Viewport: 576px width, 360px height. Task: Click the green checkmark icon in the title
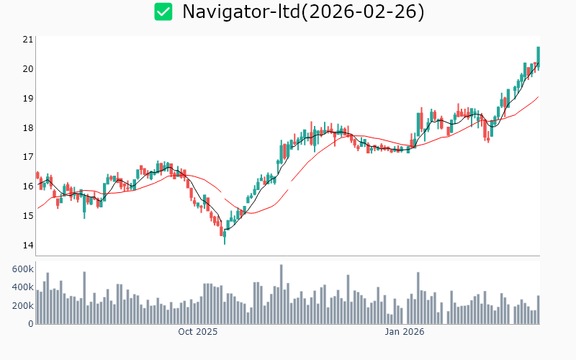tap(163, 12)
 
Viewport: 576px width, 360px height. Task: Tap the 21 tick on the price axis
tap(28, 40)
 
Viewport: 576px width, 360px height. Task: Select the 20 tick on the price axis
tap(28, 69)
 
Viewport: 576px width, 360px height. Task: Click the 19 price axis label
tap(28, 99)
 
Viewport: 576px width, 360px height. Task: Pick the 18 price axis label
tap(28, 128)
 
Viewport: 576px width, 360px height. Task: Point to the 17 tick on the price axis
tap(28, 157)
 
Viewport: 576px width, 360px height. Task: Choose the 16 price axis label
tap(28, 186)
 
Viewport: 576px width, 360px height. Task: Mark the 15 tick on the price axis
tap(28, 216)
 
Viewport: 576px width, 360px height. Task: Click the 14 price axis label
tap(28, 246)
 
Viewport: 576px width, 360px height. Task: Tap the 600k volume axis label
tap(22, 269)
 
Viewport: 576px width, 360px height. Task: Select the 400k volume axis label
tap(22, 287)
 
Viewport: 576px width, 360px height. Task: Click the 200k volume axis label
tap(22, 306)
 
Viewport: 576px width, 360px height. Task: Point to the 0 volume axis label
tap(31, 324)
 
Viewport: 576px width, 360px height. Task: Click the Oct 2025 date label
tap(198, 332)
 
